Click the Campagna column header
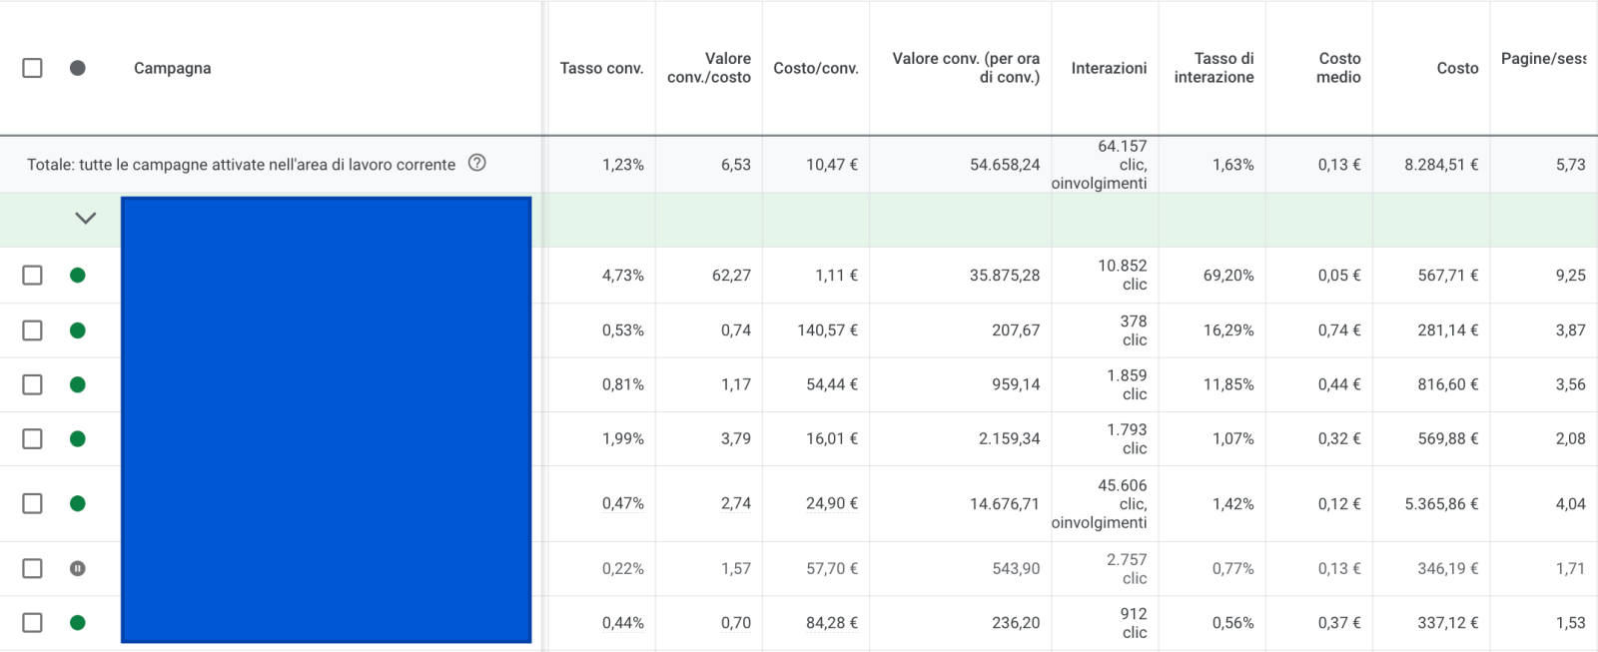point(172,68)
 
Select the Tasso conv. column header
point(601,68)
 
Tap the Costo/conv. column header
point(815,68)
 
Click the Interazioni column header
point(1109,68)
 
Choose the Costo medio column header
point(1338,68)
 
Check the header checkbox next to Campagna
point(32,68)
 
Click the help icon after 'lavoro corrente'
point(477,163)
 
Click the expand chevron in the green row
point(86,218)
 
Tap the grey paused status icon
point(78,568)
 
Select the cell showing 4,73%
point(622,276)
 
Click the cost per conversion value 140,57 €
point(827,330)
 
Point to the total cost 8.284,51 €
point(1440,165)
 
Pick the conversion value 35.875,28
point(1004,276)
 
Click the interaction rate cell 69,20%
point(1227,276)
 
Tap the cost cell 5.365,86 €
point(1440,504)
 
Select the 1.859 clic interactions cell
point(1127,384)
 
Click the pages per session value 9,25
point(1570,276)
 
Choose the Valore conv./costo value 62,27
point(731,276)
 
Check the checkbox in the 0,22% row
point(32,568)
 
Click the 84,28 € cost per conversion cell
point(831,623)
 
